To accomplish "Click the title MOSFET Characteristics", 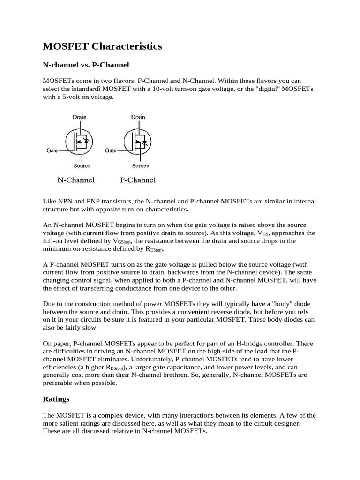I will point(102,46).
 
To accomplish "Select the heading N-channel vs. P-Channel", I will point(86,64).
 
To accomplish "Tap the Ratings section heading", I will point(56,399).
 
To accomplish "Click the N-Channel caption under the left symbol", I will point(76,180).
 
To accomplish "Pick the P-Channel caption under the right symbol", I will point(138,180).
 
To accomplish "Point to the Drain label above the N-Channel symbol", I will point(80,117).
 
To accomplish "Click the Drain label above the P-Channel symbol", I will point(138,117).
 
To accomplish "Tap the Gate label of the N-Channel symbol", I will point(52,150).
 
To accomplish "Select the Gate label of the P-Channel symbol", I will point(111,150).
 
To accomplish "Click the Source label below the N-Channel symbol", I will point(82,165).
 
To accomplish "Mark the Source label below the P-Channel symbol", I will point(140,165).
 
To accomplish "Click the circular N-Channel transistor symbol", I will point(78,141).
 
